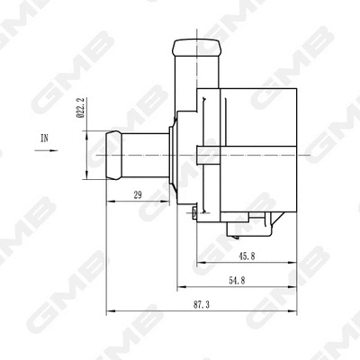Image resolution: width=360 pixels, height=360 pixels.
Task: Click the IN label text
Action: [x=45, y=138]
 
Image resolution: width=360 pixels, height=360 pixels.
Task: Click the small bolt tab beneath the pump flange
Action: [x=194, y=211]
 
